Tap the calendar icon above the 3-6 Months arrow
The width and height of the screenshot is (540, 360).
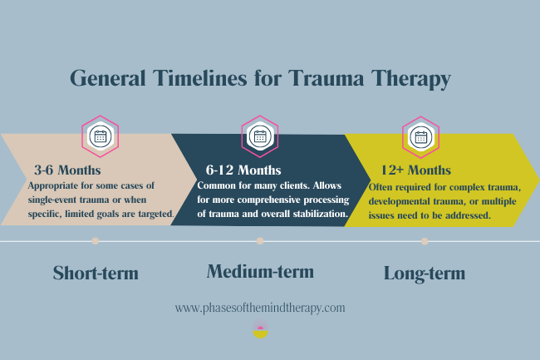coord(100,136)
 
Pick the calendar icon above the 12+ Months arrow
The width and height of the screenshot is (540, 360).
coord(420,136)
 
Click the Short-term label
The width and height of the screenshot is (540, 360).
coord(95,273)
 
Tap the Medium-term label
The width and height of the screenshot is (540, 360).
coord(260,271)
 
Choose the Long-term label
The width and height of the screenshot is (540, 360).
coord(424,273)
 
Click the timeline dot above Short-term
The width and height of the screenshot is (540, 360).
coord(96,241)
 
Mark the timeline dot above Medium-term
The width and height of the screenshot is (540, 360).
coord(260,241)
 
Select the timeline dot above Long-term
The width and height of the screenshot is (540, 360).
coord(425,241)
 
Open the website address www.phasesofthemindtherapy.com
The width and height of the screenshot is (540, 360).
coord(260,308)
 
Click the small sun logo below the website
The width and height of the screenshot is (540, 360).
coord(259,333)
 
